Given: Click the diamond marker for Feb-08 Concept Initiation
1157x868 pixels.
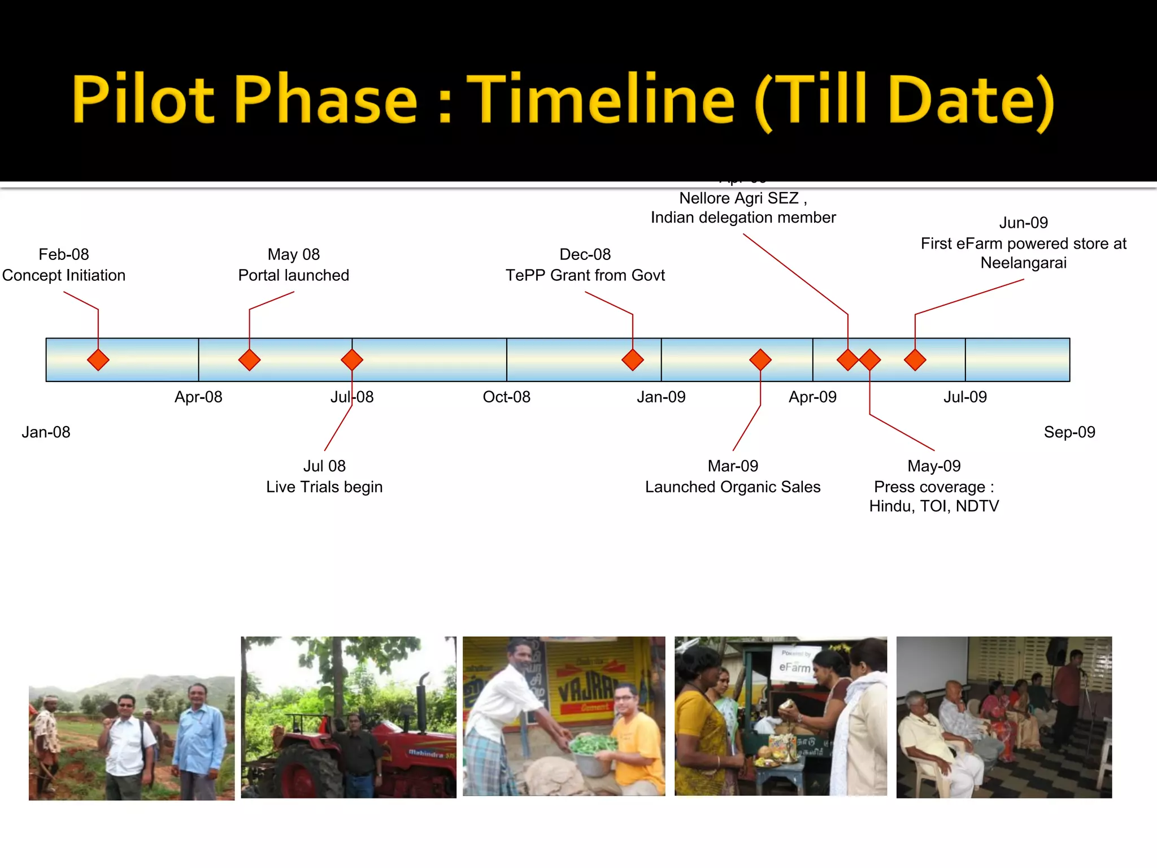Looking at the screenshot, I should coord(98,360).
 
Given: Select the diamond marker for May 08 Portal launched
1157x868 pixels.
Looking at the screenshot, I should coord(249,360).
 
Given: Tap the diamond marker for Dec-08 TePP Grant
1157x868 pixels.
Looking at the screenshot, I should coord(633,360).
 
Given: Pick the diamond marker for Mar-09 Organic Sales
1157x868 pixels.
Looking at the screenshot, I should coord(760,360).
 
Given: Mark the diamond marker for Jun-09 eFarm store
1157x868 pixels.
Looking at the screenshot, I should coord(915,360).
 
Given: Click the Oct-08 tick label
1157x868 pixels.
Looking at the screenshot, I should coord(506,397).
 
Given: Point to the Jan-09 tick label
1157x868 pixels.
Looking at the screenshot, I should coord(661,397).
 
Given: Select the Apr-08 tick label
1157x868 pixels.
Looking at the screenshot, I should coord(198,397).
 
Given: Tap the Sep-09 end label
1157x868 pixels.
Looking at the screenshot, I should coord(1069,432).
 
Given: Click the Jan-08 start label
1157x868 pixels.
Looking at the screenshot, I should coord(46,432).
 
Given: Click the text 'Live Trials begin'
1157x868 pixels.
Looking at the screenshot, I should coord(324,487).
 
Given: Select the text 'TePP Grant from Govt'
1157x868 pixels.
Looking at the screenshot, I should coord(585,275).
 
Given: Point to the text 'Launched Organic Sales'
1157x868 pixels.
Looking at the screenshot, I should coord(733,487).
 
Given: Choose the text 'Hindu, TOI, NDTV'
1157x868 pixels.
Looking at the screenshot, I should coord(934,506).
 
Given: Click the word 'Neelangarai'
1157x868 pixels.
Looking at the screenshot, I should coord(1023,263).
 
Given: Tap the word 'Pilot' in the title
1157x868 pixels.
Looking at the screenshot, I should coord(143,99).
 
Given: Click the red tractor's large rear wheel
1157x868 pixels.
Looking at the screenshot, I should coord(308,774).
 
